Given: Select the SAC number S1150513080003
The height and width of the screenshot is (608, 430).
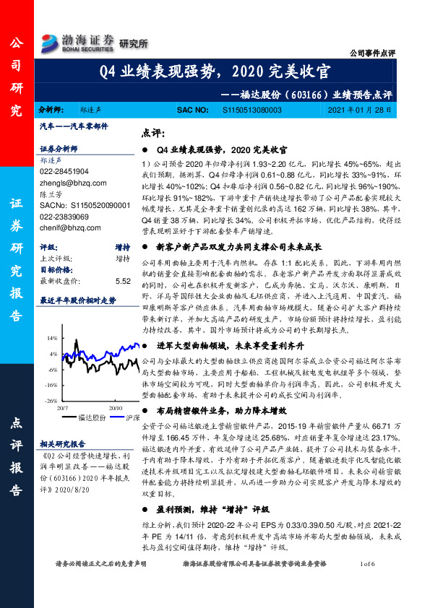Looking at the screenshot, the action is click(244, 110).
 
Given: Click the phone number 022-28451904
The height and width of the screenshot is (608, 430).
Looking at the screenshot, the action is click(65, 172).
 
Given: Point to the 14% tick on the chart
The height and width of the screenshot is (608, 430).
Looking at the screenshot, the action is click(52, 338).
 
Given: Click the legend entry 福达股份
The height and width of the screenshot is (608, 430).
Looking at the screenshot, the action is click(93, 417).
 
